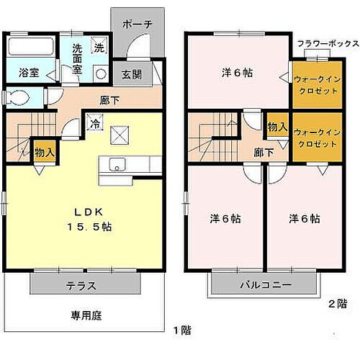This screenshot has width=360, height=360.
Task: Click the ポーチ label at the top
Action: [x=137, y=24]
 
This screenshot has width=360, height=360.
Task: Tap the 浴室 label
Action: [x=28, y=73]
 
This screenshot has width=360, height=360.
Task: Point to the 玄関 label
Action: [x=132, y=74]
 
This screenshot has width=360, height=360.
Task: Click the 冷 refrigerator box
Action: [x=94, y=123]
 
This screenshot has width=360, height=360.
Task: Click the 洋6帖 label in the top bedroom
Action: [x=237, y=72]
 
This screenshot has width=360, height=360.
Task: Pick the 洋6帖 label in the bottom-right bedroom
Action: [x=305, y=218]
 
